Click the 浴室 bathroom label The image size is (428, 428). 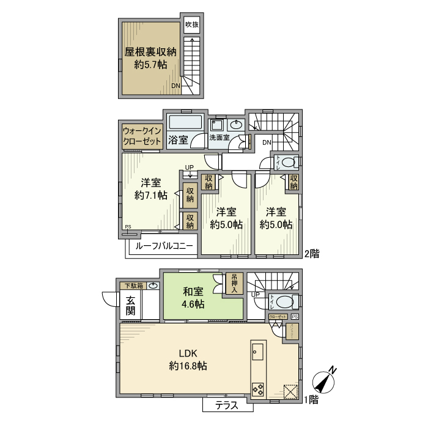pos(179,139)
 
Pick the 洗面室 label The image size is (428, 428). pos(218,138)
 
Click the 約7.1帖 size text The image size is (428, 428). pos(150,196)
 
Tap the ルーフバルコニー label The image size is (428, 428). pos(164,246)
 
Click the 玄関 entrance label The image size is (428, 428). pos(131,305)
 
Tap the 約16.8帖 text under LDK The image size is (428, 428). pos(188,367)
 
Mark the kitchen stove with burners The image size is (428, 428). pos(257,389)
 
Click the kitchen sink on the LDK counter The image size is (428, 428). pos(256,353)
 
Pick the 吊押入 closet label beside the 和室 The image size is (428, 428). pos(234,282)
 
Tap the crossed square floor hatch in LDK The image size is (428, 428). pos(290,391)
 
